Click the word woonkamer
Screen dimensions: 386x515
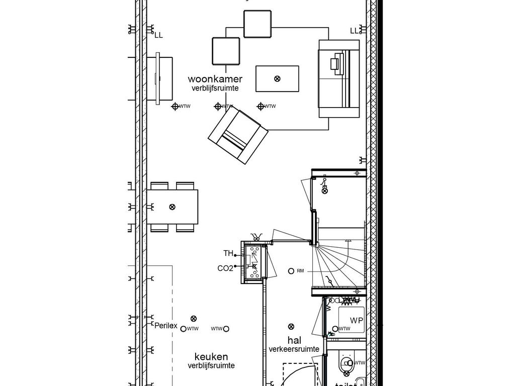(x=215, y=79)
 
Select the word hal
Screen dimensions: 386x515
(x=294, y=340)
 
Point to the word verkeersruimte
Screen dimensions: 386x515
(x=294, y=349)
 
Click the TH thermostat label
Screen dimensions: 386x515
(x=228, y=253)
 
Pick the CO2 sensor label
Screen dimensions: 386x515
(x=225, y=268)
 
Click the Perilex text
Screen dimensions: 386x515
(x=166, y=325)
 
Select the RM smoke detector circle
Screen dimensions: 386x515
(x=291, y=271)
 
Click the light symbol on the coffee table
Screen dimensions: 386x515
(x=277, y=78)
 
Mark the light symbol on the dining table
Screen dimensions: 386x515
(x=173, y=207)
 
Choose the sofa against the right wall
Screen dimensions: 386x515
(x=339, y=79)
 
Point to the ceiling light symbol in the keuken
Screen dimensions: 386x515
(x=194, y=318)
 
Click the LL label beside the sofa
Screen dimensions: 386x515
(x=355, y=31)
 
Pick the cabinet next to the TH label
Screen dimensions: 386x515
(x=253, y=261)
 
